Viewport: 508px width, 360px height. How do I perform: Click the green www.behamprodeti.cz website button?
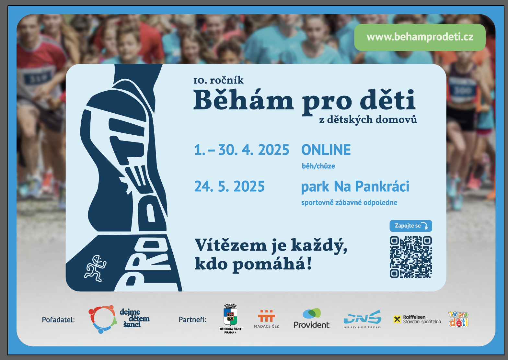(420, 37)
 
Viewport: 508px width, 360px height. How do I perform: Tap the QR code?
(411, 257)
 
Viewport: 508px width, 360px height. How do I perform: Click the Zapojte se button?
(411, 226)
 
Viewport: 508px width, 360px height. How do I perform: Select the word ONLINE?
(326, 150)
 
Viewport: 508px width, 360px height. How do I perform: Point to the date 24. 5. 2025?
(229, 186)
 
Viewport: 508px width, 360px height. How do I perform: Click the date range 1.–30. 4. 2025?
(242, 150)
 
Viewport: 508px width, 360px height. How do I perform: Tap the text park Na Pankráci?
(355, 187)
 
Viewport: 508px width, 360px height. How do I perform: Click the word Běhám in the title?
(243, 100)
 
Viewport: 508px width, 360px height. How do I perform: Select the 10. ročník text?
(218, 80)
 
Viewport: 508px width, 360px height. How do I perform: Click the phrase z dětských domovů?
(368, 119)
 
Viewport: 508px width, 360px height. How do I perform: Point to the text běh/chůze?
(318, 166)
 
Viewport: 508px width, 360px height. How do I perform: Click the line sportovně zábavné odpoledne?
(349, 203)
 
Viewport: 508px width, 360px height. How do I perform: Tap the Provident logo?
(312, 318)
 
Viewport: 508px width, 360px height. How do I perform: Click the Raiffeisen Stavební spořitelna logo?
(417, 319)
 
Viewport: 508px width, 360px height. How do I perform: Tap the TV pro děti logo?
(458, 319)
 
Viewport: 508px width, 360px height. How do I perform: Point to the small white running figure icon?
(95, 268)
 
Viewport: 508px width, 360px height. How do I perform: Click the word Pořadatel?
(58, 320)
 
